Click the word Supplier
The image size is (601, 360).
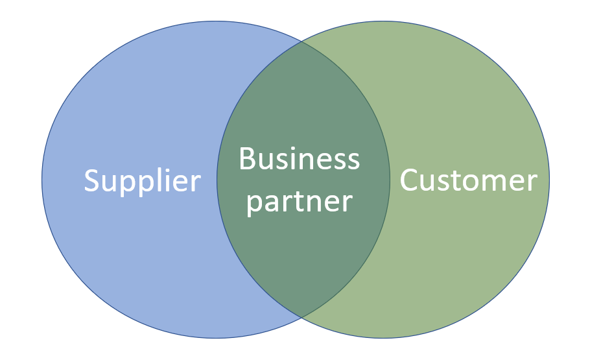click(142, 181)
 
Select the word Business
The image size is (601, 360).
click(299, 159)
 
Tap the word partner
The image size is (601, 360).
click(300, 202)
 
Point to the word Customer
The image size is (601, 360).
click(468, 180)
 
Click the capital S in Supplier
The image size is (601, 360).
click(93, 180)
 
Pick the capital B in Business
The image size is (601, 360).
click(246, 159)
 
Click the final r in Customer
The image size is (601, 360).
click(532, 182)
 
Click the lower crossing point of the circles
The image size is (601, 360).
click(301, 317)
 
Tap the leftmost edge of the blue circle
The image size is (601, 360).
click(42, 180)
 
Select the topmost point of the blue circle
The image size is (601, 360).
click(216, 21)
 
